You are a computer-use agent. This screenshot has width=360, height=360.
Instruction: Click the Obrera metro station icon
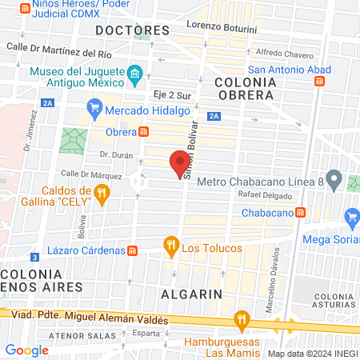(144, 132)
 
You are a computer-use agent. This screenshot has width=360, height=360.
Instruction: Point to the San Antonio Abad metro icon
(319, 81)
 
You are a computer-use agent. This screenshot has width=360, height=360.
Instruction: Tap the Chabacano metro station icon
(300, 212)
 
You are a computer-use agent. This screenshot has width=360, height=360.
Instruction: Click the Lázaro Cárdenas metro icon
(133, 250)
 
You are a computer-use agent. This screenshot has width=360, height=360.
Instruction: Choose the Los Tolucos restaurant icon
(170, 246)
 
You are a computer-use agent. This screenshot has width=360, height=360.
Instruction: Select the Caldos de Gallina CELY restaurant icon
(101, 193)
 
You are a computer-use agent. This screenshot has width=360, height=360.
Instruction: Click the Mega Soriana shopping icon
(351, 217)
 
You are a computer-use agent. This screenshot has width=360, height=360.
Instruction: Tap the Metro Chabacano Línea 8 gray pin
(335, 178)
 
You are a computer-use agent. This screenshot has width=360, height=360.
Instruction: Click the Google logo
(26, 350)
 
